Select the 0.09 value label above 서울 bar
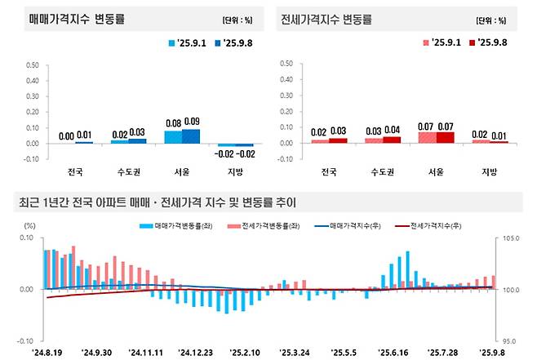point(191,122)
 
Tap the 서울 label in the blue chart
point(181,172)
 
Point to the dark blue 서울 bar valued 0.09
point(191,136)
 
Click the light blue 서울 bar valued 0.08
point(173,136)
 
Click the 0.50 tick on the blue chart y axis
point(33,62)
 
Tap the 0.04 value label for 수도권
point(393,130)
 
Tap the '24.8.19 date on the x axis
point(47,353)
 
